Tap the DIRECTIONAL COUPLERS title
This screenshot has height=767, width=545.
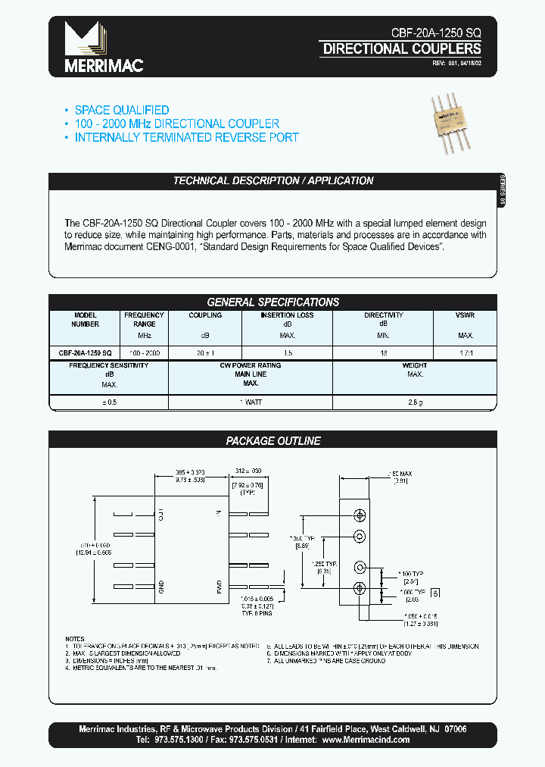pyautogui.click(x=401, y=49)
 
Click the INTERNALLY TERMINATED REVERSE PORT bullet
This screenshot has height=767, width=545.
pyautogui.click(x=186, y=137)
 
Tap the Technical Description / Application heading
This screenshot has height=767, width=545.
pyautogui.click(x=273, y=180)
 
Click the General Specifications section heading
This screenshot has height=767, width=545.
pyautogui.click(x=273, y=302)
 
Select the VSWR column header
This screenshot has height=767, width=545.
pyautogui.click(x=465, y=315)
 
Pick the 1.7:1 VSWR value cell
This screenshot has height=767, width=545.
pyautogui.click(x=465, y=353)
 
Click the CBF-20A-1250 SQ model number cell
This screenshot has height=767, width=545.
pyautogui.click(x=86, y=353)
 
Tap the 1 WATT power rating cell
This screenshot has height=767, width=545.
pyautogui.click(x=250, y=402)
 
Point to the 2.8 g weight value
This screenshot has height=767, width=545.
pyautogui.click(x=415, y=402)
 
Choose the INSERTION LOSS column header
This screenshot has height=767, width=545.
pyautogui.click(x=287, y=315)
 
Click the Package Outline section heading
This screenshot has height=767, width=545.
pyautogui.click(x=273, y=440)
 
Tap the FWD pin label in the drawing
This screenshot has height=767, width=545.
pyautogui.click(x=218, y=585)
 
